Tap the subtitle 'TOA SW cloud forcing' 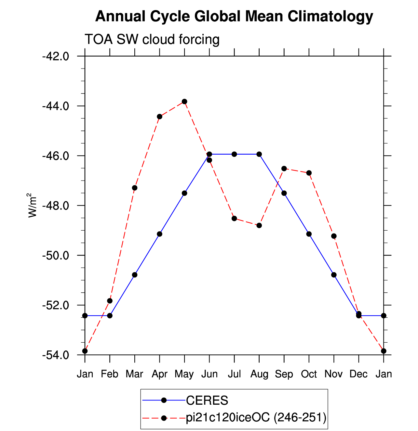point(152,39)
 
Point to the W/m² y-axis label point(32,205)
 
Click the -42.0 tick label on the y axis point(56,57)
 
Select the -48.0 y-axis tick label point(56,206)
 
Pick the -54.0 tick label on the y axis point(56,355)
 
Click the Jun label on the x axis point(209,374)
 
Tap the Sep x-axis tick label point(284,374)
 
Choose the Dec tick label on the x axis point(358,374)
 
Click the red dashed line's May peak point point(184,102)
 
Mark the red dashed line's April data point point(159,117)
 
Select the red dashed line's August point point(259,225)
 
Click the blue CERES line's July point point(234,154)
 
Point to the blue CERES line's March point point(135,275)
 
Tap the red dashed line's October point point(309,173)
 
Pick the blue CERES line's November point point(334,275)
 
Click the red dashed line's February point point(110,301)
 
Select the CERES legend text point(207,400)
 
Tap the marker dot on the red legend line point(164,418)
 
